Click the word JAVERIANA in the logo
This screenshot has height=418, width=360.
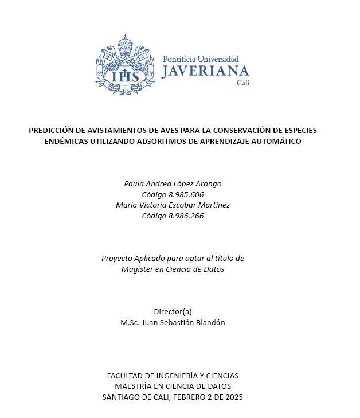(x=205, y=71)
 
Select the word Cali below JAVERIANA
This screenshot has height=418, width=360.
(x=243, y=83)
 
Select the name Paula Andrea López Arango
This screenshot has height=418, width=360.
(x=173, y=183)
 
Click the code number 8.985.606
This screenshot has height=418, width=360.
(x=189, y=194)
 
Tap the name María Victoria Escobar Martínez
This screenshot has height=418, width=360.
(x=173, y=205)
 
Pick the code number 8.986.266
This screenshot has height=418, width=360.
(x=189, y=216)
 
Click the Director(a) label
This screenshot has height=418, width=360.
(x=173, y=311)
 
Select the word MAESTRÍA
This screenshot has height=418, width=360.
(x=135, y=386)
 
